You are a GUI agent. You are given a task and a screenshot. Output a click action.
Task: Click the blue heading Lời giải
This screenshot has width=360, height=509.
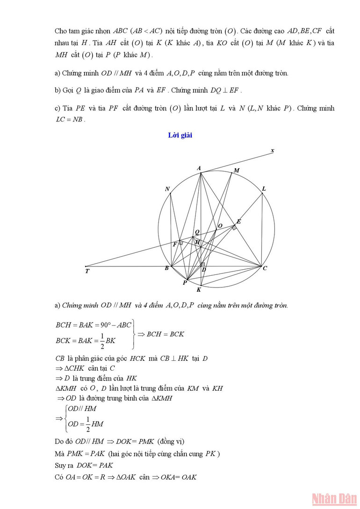tap(180, 136)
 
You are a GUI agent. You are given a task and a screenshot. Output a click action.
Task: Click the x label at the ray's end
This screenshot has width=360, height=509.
tap(272, 151)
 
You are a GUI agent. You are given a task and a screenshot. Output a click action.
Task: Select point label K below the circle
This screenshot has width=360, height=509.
tap(199, 290)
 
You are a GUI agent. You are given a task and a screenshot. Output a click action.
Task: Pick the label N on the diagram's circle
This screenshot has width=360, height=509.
tap(167, 189)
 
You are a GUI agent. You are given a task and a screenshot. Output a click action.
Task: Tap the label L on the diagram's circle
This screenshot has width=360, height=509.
tap(264, 189)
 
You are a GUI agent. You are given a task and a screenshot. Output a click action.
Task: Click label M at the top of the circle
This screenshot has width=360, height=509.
tap(237, 171)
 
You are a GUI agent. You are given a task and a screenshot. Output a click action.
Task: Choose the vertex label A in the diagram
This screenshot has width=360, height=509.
tap(199, 168)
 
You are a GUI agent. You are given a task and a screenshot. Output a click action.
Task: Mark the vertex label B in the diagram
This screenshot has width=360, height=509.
tap(166, 268)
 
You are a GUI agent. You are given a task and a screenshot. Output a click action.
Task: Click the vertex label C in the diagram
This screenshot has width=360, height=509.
tap(265, 268)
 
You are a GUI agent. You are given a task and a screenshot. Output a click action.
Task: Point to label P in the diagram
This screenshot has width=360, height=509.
tap(185, 283)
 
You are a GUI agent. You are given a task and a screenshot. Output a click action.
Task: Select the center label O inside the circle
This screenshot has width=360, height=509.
tap(220, 226)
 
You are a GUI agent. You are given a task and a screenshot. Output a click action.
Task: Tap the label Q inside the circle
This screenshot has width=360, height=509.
tap(197, 232)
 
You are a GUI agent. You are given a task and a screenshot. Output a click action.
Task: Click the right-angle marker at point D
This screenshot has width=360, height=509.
tap(202, 265)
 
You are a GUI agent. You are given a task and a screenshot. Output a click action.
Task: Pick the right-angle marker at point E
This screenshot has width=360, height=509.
tap(234, 227)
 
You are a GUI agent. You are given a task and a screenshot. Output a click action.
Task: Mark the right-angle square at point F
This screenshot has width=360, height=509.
tap(180, 243)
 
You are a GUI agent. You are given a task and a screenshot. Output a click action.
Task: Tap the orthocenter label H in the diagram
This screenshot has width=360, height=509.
tap(197, 242)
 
